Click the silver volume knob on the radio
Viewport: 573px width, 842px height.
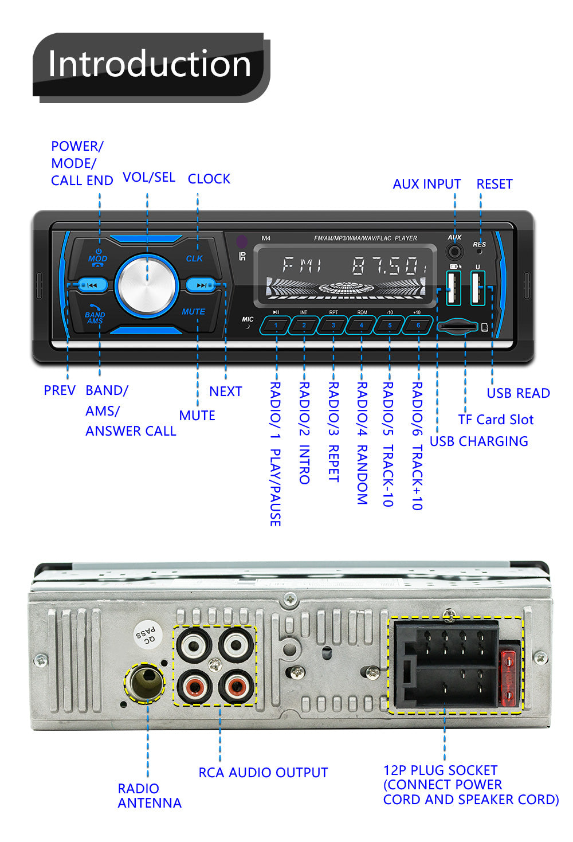(147, 285)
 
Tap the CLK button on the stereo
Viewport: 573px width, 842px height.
(194, 259)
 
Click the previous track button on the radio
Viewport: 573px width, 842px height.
(92, 284)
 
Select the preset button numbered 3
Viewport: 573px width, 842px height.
(333, 325)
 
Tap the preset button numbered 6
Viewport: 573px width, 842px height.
(418, 325)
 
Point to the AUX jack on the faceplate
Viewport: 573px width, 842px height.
(455, 251)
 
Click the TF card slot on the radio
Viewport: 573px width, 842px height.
(457, 327)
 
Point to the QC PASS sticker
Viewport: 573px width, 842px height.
(147, 634)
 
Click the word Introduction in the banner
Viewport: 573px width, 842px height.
(150, 64)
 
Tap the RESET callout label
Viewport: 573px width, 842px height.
(494, 184)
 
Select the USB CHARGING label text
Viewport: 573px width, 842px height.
(478, 441)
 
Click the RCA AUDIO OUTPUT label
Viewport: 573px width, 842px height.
(263, 773)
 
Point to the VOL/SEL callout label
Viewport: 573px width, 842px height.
(149, 177)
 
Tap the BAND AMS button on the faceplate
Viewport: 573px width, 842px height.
(95, 314)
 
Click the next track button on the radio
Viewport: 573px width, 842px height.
(201, 284)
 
